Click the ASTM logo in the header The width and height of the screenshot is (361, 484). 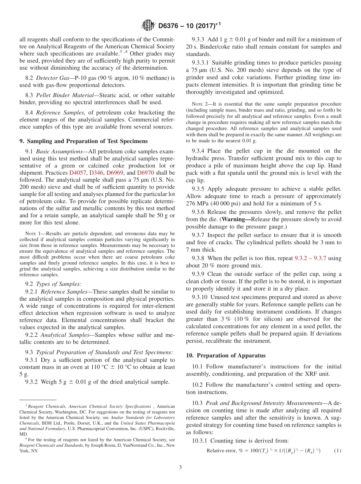click(148, 25)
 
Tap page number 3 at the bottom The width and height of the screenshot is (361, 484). click(180, 467)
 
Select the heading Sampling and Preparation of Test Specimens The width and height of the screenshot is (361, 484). click(84, 141)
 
